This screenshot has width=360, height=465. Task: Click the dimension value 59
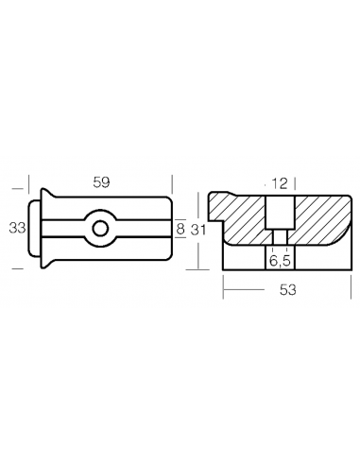[x=101, y=182]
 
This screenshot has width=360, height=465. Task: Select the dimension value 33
[x=17, y=228]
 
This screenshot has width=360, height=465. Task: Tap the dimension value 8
[x=180, y=229]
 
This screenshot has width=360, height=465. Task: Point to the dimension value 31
[x=198, y=230]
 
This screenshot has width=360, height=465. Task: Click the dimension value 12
[x=280, y=183]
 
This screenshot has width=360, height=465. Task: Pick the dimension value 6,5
[x=280, y=261]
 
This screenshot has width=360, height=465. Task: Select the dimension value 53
[x=288, y=289]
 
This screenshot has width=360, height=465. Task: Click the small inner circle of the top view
[x=100, y=228]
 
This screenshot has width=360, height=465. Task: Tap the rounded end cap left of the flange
[x=34, y=228]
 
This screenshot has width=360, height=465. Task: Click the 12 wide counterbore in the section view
[x=280, y=213]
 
